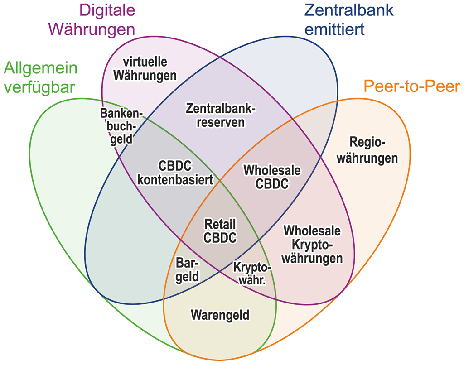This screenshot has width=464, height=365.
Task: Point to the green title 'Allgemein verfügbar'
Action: [40, 77]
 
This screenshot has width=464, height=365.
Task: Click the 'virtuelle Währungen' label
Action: [145, 68]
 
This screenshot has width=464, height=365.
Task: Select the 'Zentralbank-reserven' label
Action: [221, 115]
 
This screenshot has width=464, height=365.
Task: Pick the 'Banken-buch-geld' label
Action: [122, 125]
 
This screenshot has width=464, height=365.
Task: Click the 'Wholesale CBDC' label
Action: [272, 177]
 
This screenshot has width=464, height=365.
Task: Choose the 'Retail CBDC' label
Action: [221, 231]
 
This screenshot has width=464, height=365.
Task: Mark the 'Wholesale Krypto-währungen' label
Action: [312, 244]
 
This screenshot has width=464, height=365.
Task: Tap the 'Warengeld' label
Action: [220, 314]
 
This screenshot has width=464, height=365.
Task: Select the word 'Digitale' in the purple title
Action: [107, 10]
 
